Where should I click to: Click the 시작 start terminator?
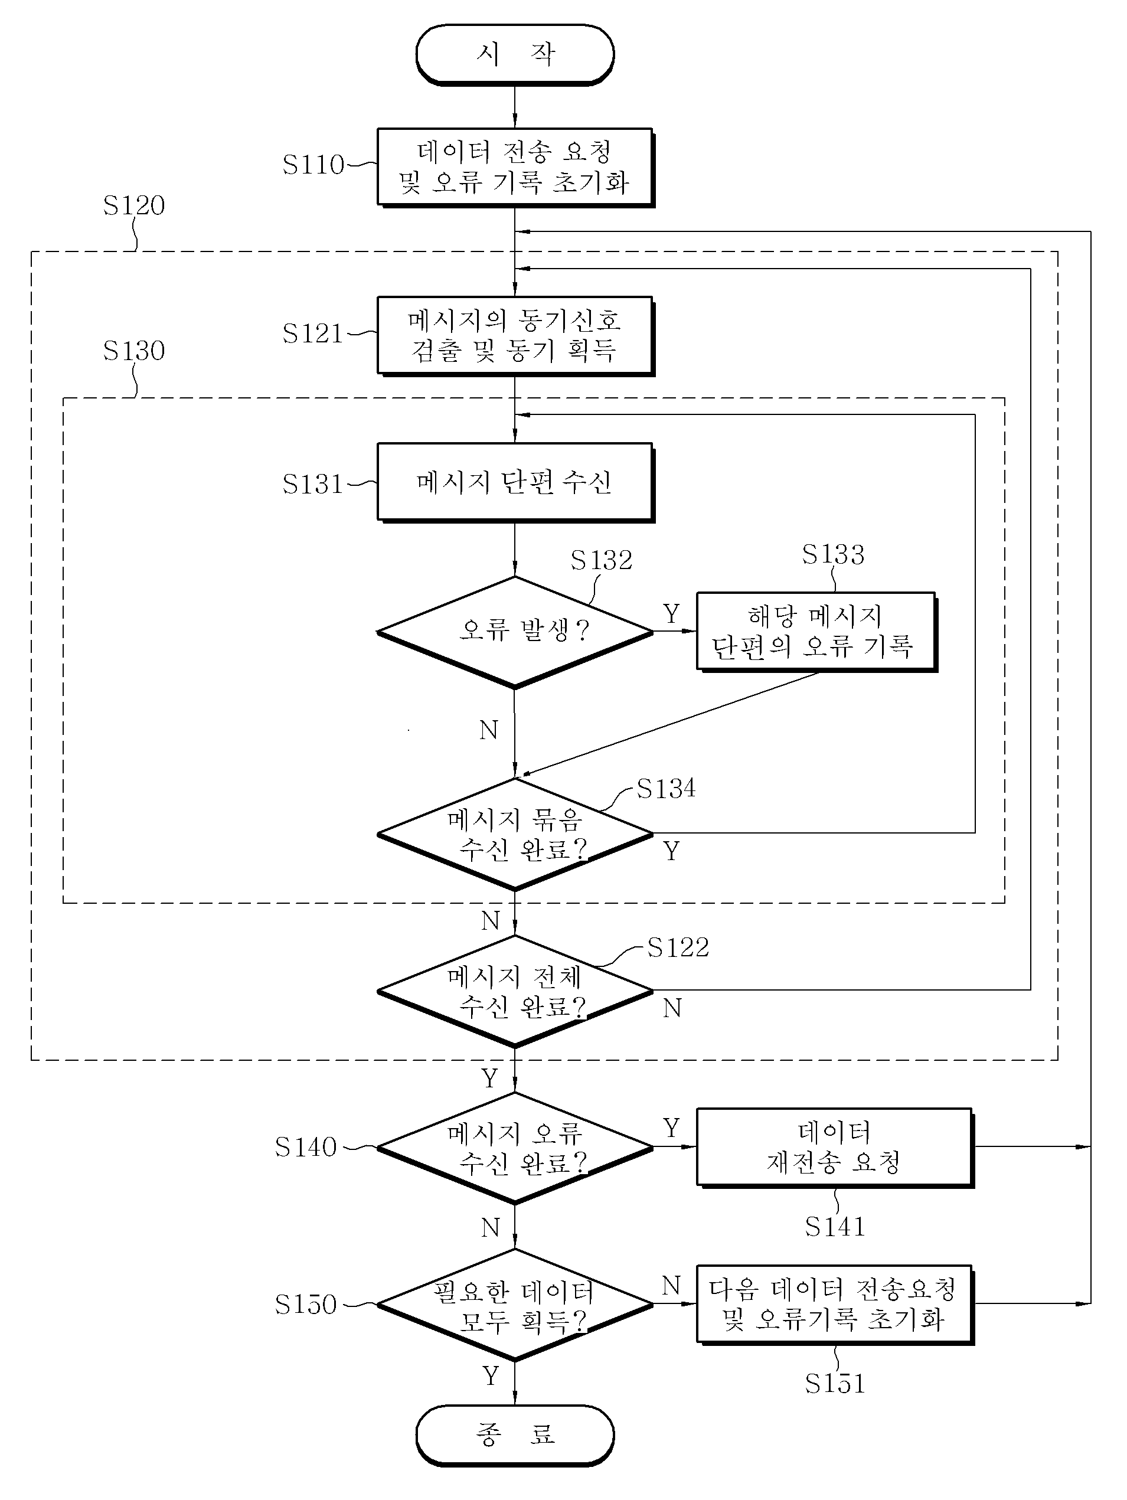coord(515,54)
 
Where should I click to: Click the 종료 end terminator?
coord(515,1435)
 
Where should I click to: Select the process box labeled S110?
coord(515,167)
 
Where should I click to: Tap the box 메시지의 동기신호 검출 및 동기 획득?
coord(515,336)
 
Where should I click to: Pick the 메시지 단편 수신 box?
coord(515,483)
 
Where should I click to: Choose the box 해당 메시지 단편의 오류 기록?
coord(816,632)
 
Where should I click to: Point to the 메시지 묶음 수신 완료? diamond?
coord(515,834)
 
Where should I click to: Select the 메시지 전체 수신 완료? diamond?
coord(515,991)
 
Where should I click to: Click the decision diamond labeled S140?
coord(515,1148)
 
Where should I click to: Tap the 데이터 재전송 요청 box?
coord(835,1148)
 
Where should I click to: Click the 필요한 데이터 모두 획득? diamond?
coord(515,1304)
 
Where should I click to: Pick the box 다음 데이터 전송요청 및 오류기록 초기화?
coord(835,1305)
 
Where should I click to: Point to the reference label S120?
coord(133,205)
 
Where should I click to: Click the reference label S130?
coord(133,351)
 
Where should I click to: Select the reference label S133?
coord(834,555)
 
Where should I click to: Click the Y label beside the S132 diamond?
coord(671,614)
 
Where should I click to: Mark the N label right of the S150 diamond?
coord(671,1285)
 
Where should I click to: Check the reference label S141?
coord(835,1226)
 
